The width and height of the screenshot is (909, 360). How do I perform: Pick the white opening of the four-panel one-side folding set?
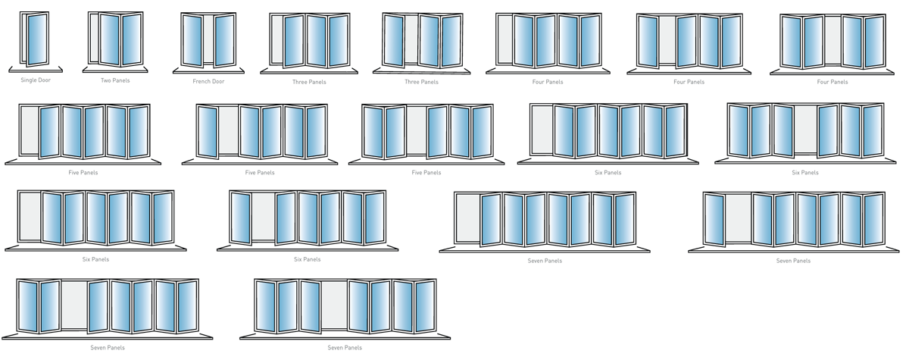click(506, 41)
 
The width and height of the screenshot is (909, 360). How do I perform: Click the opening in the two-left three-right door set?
click(416, 130)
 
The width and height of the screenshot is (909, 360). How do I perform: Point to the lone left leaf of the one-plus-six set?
click(715, 218)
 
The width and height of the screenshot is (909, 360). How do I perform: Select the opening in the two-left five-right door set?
click(74, 306)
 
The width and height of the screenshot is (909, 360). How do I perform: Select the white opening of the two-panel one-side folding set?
click(95, 39)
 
